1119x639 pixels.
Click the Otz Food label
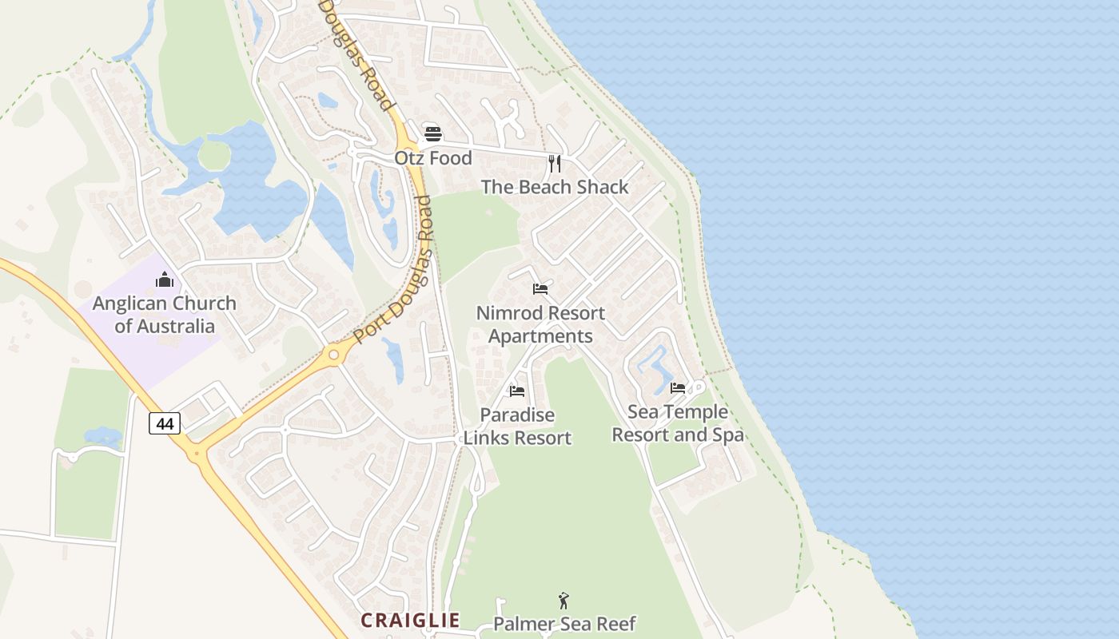[x=432, y=158]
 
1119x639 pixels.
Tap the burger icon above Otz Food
[x=432, y=133]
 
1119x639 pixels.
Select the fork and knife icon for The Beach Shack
[x=555, y=164]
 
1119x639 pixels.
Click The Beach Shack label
[x=555, y=187]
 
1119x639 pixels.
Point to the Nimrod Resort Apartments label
[x=540, y=324]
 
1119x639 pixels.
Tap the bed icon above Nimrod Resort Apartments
[x=540, y=288]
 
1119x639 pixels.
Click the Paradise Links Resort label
[x=517, y=427]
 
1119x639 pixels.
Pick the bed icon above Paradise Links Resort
[x=517, y=391]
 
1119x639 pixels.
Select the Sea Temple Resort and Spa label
[x=678, y=423]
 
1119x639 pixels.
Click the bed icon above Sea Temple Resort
[x=678, y=388]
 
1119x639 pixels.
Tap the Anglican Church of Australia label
[x=165, y=315]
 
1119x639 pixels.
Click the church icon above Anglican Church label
[x=165, y=279]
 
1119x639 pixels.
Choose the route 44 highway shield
[x=165, y=423]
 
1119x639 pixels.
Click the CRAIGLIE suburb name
[x=410, y=620]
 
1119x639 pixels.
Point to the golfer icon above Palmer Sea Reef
[x=563, y=600]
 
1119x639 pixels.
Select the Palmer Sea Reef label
[x=564, y=623]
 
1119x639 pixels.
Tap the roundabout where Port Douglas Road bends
[x=334, y=354]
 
